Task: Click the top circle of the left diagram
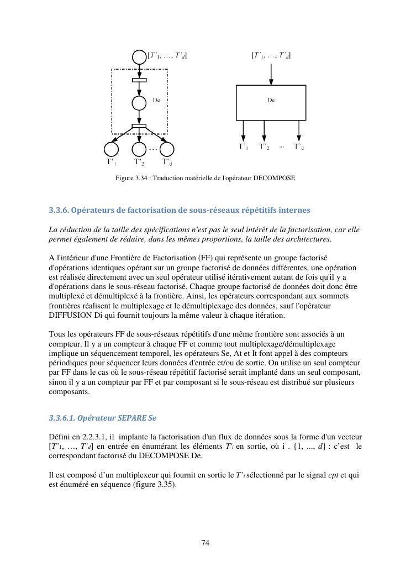pyautogui.click(x=139, y=56)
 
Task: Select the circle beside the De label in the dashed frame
pyautogui.click(x=139, y=103)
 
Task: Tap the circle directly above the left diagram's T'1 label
pyautogui.click(x=111, y=149)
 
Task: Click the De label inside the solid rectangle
pyautogui.click(x=271, y=101)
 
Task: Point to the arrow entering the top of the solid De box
pyautogui.click(x=271, y=73)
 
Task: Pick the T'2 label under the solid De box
pyautogui.click(x=265, y=147)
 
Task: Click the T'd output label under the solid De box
pyautogui.click(x=299, y=147)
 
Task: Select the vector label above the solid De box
pyautogui.click(x=271, y=55)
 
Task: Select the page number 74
pyautogui.click(x=205, y=543)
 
